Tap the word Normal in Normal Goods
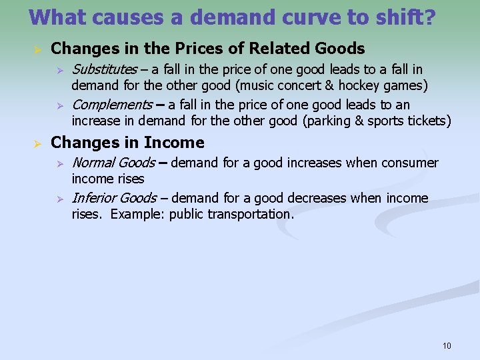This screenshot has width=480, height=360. (x=92, y=163)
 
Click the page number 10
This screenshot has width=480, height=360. (x=447, y=345)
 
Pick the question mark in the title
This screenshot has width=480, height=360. (x=430, y=17)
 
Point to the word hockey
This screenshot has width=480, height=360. (x=357, y=85)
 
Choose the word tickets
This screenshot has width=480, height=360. (x=429, y=121)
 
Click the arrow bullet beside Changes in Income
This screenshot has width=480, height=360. (x=39, y=143)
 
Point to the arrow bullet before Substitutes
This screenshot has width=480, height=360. (x=59, y=70)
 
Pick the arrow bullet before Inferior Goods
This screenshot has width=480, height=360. (x=59, y=199)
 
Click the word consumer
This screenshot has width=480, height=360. (x=410, y=163)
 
